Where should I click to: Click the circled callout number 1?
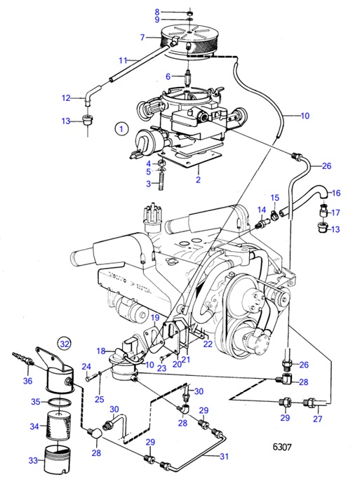coord(121,129)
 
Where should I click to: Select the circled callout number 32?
coord(65,344)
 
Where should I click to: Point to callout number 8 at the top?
coord(156,12)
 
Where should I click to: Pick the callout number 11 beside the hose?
coord(122,60)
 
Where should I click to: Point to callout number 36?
coord(27,381)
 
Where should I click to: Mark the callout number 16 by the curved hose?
coord(335,193)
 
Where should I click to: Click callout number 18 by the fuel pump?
coord(100,351)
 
